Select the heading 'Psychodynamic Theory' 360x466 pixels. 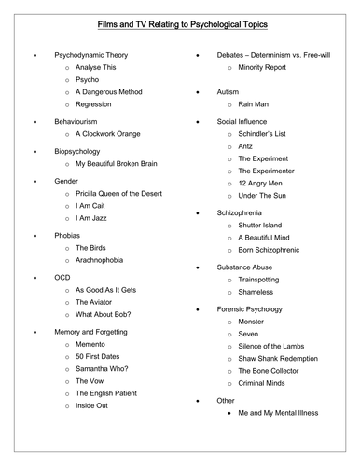91,55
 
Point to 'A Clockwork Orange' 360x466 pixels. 108,134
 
